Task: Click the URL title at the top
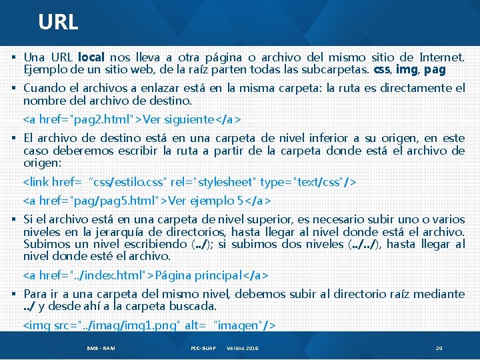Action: tap(58, 22)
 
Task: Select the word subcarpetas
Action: tap(340, 69)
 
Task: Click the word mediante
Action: tap(438, 294)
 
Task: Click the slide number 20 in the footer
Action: tap(439, 349)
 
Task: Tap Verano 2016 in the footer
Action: tap(243, 349)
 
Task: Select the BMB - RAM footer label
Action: tap(100, 349)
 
